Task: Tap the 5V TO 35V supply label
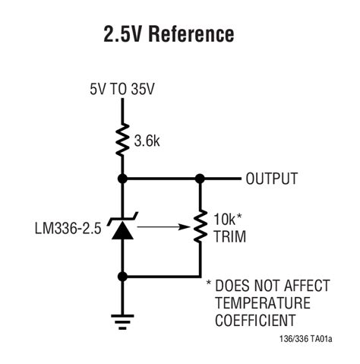pyautogui.click(x=122, y=90)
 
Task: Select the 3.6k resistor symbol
pyautogui.click(x=121, y=141)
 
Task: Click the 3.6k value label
pyautogui.click(x=146, y=141)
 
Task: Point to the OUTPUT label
pyautogui.click(x=271, y=179)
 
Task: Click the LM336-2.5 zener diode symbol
pyautogui.click(x=121, y=228)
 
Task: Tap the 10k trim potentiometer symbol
pyautogui.click(x=200, y=227)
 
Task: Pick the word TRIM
pyautogui.click(x=227, y=236)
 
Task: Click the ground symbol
pyautogui.click(x=121, y=320)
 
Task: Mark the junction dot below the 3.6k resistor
pyautogui.click(x=121, y=179)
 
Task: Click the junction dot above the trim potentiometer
pyautogui.click(x=200, y=179)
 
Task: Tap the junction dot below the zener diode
pyautogui.click(x=121, y=276)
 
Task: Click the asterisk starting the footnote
pyautogui.click(x=210, y=284)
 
